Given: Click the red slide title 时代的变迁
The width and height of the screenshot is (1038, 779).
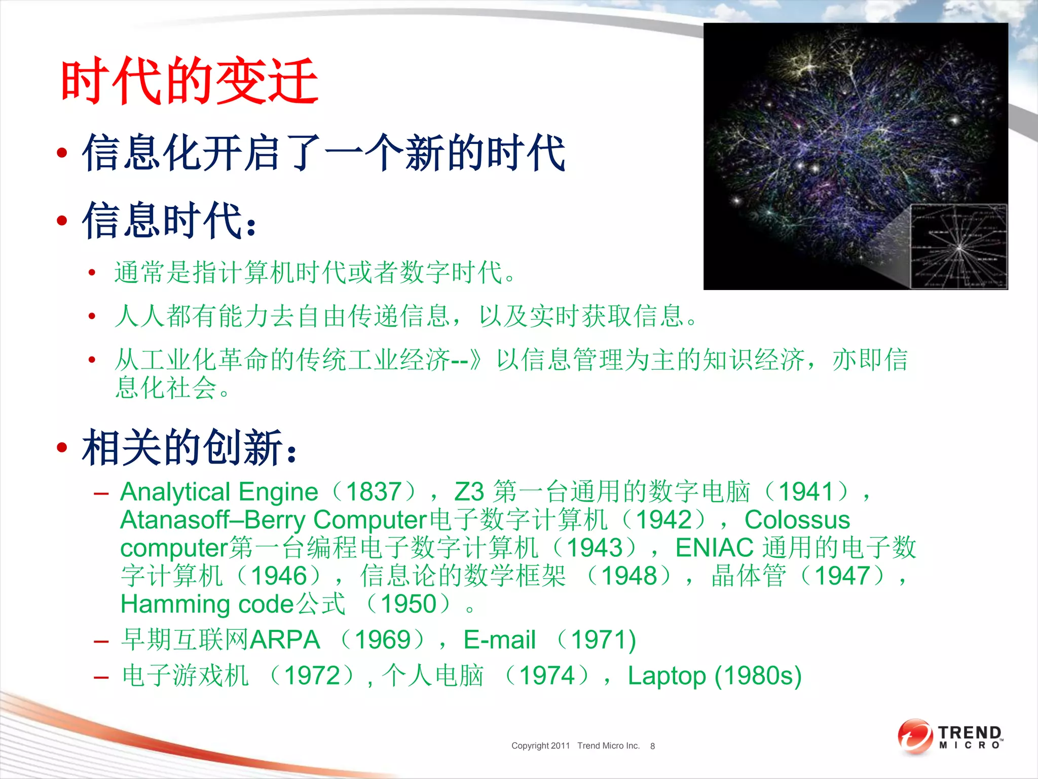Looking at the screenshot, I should click(x=189, y=81).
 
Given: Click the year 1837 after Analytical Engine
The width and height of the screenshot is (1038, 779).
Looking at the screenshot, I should click(x=374, y=491).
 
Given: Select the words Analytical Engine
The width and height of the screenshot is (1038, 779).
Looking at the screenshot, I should click(x=219, y=492).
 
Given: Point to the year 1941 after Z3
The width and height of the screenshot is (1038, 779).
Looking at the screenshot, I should click(x=805, y=491).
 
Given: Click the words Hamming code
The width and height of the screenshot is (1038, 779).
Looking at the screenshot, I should click(x=207, y=604).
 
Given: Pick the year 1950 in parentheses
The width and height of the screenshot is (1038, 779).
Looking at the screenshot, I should click(x=408, y=604).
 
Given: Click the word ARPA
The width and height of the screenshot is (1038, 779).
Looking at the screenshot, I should click(x=285, y=640).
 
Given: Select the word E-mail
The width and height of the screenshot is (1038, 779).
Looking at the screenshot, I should click(x=499, y=640).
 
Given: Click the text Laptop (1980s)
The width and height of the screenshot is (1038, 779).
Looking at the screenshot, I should click(x=714, y=676).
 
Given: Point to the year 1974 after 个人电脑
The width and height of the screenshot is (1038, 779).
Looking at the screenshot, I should click(x=547, y=676).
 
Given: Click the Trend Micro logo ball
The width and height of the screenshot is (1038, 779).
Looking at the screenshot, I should click(x=914, y=736).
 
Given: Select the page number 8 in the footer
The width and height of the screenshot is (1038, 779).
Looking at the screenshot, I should click(x=652, y=746).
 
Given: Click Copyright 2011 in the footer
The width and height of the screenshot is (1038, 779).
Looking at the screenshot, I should click(x=540, y=746).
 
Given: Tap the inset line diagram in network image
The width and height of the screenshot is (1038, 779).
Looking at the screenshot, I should click(x=958, y=246).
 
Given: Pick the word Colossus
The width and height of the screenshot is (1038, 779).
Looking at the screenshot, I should click(x=797, y=520).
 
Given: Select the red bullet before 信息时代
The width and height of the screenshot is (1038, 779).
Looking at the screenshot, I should click(x=62, y=220).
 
